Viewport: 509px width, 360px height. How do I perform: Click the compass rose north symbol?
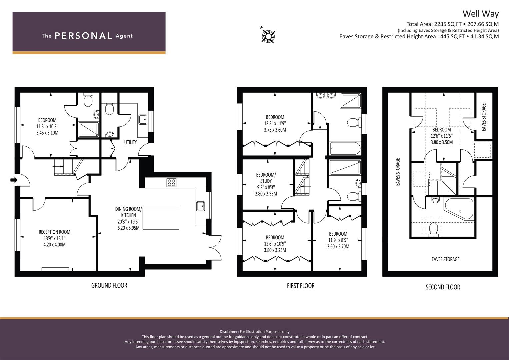[268, 36]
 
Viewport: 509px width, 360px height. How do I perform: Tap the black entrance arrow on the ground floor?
[14, 180]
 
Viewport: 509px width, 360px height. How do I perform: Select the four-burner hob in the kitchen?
[171, 183]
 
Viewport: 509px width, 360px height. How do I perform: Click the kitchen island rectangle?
[161, 219]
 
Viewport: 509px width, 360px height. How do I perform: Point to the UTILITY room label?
[130, 142]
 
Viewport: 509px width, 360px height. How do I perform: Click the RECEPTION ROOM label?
[55, 232]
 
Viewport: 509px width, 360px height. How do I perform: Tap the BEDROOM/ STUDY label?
[266, 178]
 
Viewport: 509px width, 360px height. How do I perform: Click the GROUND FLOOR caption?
[109, 285]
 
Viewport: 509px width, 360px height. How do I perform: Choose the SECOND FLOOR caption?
[443, 287]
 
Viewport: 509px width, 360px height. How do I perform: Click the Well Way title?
[481, 14]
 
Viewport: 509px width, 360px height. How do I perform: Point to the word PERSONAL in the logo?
[83, 36]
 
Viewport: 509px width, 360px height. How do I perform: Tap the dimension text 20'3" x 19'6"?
[129, 222]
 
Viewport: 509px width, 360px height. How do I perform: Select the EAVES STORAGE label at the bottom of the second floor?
[446, 259]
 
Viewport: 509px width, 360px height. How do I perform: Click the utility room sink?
[143, 120]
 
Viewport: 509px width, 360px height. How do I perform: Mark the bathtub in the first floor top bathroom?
[345, 148]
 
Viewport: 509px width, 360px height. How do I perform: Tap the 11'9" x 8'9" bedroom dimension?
[338, 240]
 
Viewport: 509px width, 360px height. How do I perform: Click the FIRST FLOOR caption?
[301, 286]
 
